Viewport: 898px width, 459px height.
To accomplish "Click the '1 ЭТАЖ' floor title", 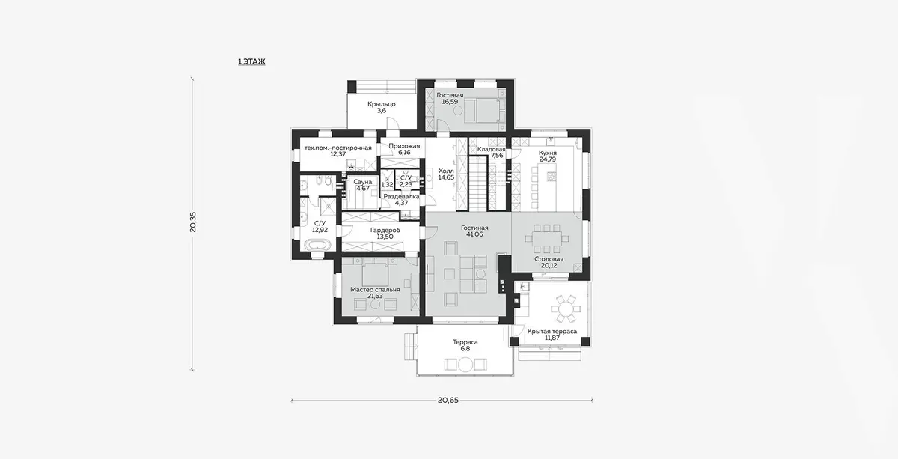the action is coord(251,61).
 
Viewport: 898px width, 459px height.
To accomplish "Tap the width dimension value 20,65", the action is coord(448,400).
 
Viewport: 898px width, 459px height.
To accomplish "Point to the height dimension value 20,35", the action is coord(193,222).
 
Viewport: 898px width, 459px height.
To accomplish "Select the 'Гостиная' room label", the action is coord(474,228).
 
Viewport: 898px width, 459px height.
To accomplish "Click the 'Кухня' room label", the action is coord(548,153).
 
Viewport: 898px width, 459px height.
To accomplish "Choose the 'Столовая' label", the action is coord(549,259).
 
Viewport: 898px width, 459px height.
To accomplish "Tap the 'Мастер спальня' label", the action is coord(375,290).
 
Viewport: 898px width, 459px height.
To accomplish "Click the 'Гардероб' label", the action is coord(385,231).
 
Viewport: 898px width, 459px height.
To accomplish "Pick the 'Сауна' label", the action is coord(363,182).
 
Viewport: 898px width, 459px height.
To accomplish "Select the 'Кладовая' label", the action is coord(492,149).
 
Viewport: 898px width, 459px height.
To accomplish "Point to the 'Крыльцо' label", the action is coord(382,104).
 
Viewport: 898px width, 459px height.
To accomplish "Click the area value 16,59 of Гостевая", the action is coord(450,102).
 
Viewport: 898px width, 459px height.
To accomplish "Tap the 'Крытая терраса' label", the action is coord(552,332).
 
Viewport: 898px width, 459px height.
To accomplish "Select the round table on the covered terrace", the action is coord(566,309).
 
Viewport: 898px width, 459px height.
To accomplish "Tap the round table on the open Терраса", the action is coord(465,365).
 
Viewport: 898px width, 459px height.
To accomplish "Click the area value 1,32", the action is coord(388,185).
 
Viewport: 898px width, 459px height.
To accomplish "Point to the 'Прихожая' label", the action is coord(405,146).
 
